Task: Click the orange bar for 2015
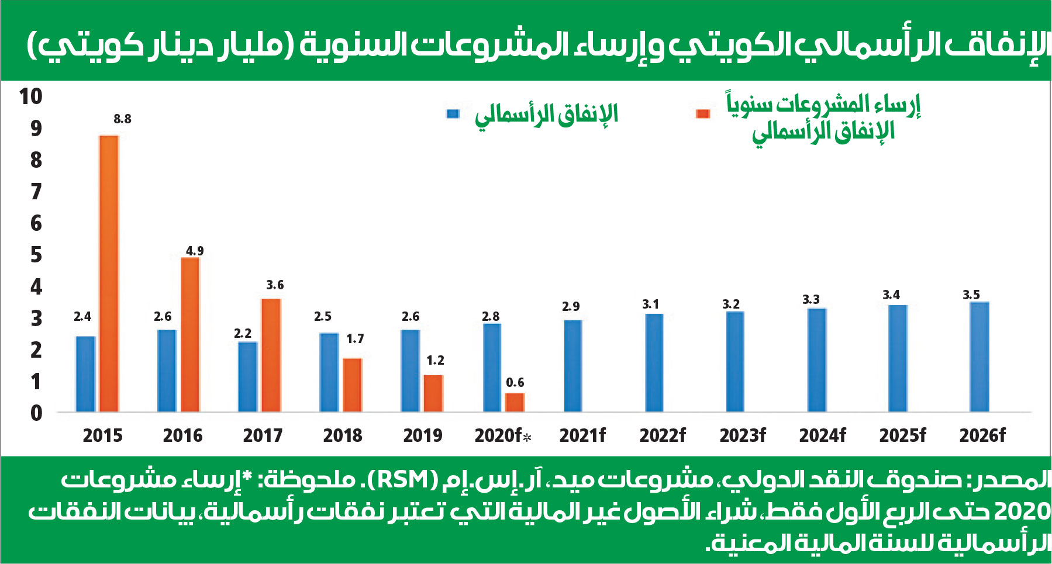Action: tap(109, 274)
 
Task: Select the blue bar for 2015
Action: tap(85, 374)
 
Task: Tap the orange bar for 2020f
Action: tap(515, 402)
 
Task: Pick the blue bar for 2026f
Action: tap(979, 357)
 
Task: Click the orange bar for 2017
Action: tap(271, 355)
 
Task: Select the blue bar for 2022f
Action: tap(654, 362)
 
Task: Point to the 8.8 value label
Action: tap(122, 119)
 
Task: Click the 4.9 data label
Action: tap(195, 251)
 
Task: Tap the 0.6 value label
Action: tap(515, 383)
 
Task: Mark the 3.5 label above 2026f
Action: tap(971, 295)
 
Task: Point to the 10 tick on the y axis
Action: tap(30, 96)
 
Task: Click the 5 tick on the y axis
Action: tap(36, 255)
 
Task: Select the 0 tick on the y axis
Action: tap(36, 413)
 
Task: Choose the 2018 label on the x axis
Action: tap(343, 435)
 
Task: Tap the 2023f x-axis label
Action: tap(743, 435)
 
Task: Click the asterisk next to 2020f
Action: tap(527, 437)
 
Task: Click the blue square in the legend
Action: tap(453, 114)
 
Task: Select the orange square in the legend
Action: tap(703, 114)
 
